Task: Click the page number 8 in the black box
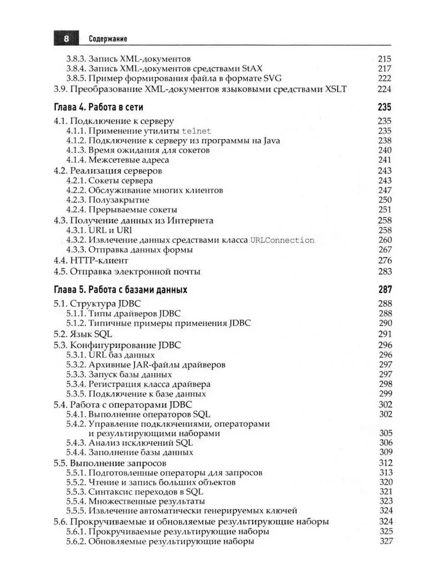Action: point(66,39)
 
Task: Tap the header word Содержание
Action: point(108,39)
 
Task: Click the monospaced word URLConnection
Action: point(279,240)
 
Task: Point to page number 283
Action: point(385,271)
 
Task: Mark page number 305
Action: point(385,433)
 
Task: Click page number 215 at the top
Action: point(385,59)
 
